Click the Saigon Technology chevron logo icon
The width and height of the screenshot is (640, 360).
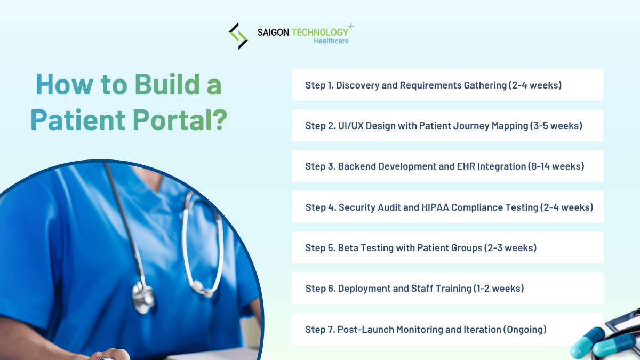point(238,36)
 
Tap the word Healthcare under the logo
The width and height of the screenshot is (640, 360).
point(331,41)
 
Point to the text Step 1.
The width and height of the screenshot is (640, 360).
point(318,85)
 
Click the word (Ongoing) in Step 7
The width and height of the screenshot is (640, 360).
point(525,330)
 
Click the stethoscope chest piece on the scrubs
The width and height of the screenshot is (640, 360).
point(143,297)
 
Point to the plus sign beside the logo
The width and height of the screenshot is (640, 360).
point(350,26)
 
